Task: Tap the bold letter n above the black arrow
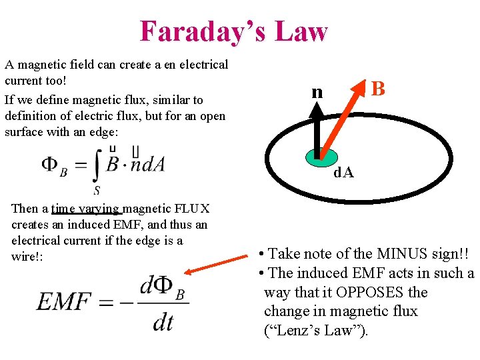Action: pyautogui.click(x=317, y=91)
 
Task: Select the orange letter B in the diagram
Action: pyautogui.click(x=378, y=88)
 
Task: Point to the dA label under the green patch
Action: pyautogui.click(x=344, y=173)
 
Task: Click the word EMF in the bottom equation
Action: pyautogui.click(x=64, y=302)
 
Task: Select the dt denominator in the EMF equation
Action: pyautogui.click(x=163, y=323)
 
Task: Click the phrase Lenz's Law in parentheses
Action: pyautogui.click(x=315, y=331)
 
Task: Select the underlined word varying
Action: pyautogui.click(x=100, y=209)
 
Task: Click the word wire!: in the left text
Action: pyautogui.click(x=27, y=256)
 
